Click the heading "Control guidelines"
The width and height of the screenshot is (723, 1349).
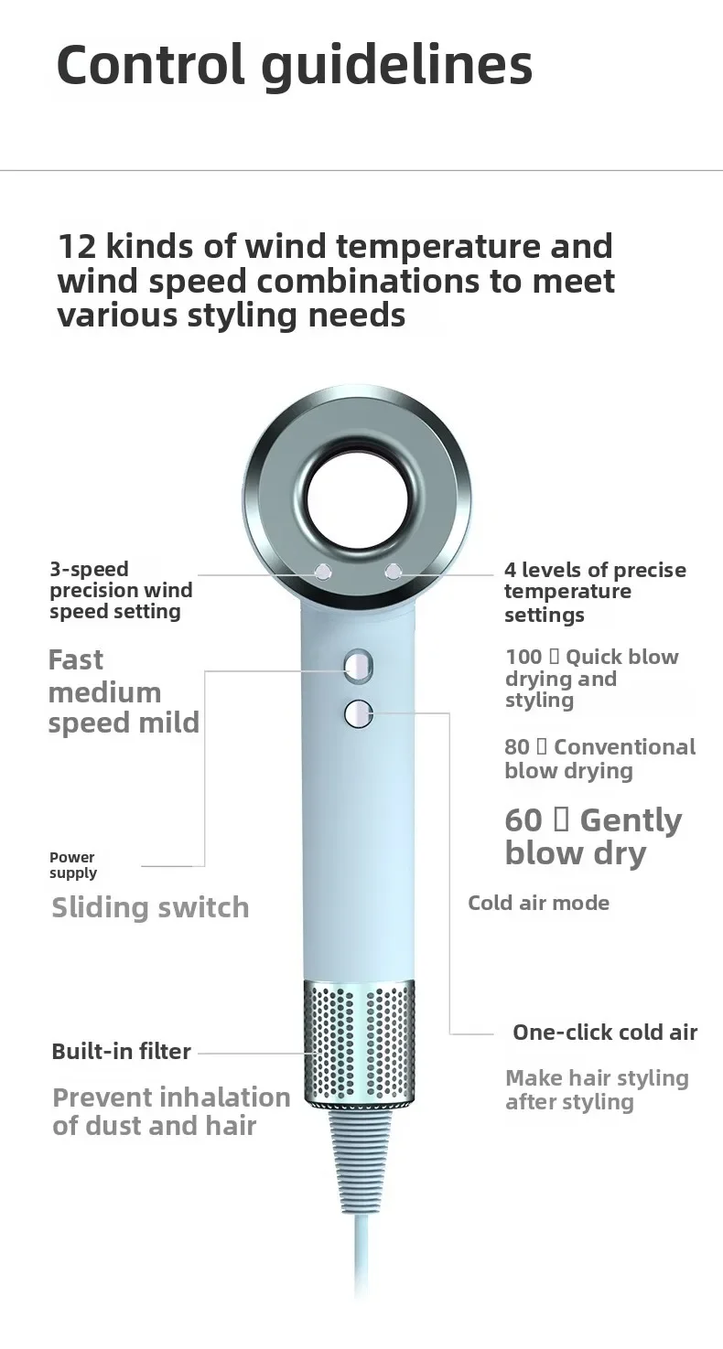tap(294, 65)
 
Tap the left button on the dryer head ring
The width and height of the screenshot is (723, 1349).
tap(321, 573)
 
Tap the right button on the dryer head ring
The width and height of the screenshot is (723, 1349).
tap(394, 572)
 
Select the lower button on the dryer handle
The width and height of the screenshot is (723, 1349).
tap(359, 713)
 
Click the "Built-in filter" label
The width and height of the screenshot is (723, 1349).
tap(121, 1052)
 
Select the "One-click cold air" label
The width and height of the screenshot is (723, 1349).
tap(605, 1033)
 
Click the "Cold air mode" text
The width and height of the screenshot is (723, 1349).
tap(538, 904)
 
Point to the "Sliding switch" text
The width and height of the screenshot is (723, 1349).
tap(150, 908)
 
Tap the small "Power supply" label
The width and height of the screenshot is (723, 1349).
tap(72, 865)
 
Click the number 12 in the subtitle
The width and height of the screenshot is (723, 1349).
tap(76, 247)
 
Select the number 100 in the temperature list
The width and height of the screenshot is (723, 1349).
tap(523, 658)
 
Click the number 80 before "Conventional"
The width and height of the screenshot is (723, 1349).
tap(517, 747)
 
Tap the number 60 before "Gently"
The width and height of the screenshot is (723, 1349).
tap(523, 820)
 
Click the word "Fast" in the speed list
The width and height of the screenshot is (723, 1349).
tap(76, 660)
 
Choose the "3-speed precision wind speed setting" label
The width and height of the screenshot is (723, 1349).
tap(120, 591)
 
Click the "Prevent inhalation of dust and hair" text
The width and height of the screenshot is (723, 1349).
tap(170, 1111)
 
